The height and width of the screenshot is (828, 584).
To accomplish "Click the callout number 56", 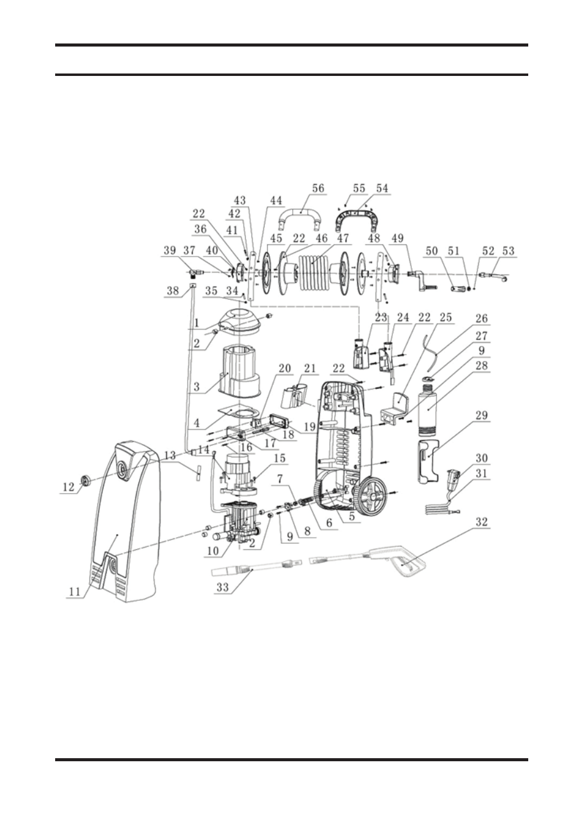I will tap(318, 189).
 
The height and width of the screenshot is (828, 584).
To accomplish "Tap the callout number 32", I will tap(482, 522).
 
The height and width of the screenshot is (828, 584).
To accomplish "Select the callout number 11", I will tap(74, 592).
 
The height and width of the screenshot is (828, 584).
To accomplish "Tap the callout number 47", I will tap(343, 238).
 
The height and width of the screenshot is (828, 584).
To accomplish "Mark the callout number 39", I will tap(170, 251).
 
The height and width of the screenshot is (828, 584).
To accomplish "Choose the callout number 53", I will tap(508, 251).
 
